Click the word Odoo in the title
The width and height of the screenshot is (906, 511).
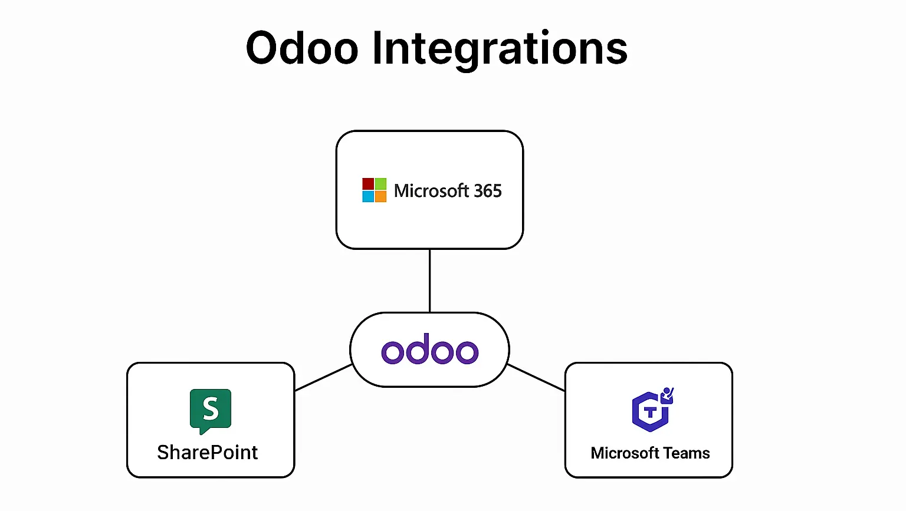click(x=302, y=48)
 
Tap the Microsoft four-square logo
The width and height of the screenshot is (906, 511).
click(x=374, y=190)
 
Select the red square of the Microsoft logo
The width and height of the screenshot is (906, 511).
click(x=368, y=184)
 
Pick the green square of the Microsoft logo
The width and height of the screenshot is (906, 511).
click(x=380, y=184)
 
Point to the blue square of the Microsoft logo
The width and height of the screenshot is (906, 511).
click(x=368, y=196)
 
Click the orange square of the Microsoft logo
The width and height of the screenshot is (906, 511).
click(x=380, y=196)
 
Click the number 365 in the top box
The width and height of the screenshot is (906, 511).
click(x=487, y=191)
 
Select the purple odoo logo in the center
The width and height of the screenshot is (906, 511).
click(x=429, y=351)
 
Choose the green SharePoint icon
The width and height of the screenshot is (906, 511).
click(x=211, y=410)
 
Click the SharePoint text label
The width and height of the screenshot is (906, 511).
click(x=208, y=452)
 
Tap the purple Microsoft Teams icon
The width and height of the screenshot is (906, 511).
click(x=651, y=410)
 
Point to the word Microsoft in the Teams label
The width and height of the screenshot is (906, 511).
click(x=625, y=453)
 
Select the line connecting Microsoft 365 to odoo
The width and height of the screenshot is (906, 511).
click(x=429, y=281)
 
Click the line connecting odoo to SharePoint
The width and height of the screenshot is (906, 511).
click(x=323, y=377)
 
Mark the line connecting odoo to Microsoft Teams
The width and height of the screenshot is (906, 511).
click(x=536, y=377)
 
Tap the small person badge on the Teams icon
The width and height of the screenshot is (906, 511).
click(x=667, y=394)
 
